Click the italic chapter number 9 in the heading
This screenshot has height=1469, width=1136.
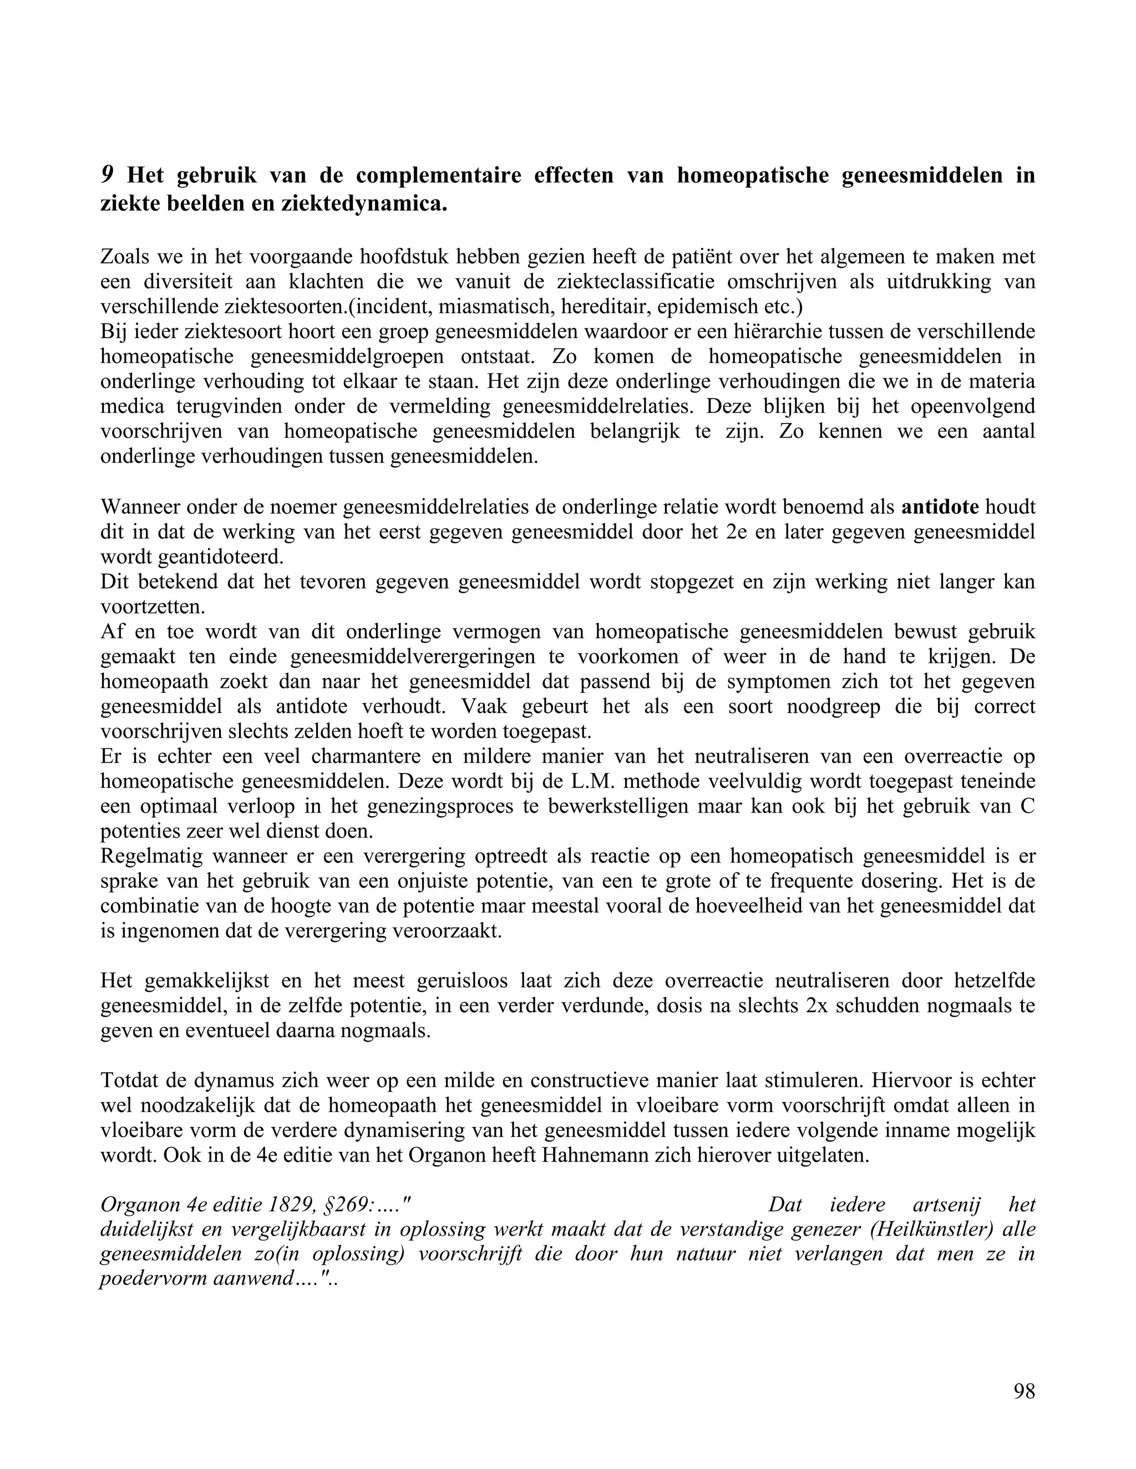pos(107,176)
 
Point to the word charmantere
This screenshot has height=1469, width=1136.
pos(366,757)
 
